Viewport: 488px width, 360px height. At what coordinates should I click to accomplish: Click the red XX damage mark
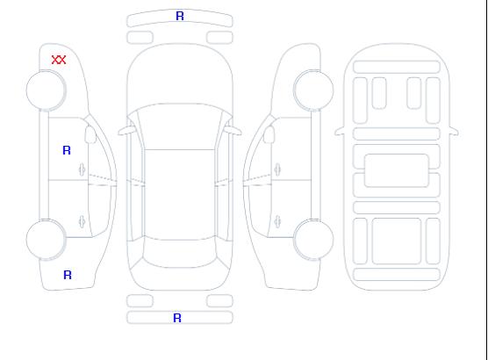(59, 60)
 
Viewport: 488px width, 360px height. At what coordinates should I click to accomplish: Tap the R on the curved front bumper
(180, 16)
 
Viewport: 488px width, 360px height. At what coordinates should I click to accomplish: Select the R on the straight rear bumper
(177, 318)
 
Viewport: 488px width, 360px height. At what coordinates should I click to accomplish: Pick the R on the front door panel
(67, 150)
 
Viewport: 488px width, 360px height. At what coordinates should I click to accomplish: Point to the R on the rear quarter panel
(68, 275)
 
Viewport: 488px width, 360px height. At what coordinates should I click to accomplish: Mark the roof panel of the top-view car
(180, 195)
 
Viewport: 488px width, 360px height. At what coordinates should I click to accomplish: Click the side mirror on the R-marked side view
(90, 134)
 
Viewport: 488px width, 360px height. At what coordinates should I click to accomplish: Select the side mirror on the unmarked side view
(269, 134)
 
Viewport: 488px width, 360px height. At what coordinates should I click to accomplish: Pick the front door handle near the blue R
(83, 169)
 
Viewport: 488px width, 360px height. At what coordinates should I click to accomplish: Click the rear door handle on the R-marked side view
(83, 221)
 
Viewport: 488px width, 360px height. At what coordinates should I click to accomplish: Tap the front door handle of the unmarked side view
(277, 169)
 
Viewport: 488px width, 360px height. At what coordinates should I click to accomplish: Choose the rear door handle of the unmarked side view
(277, 221)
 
